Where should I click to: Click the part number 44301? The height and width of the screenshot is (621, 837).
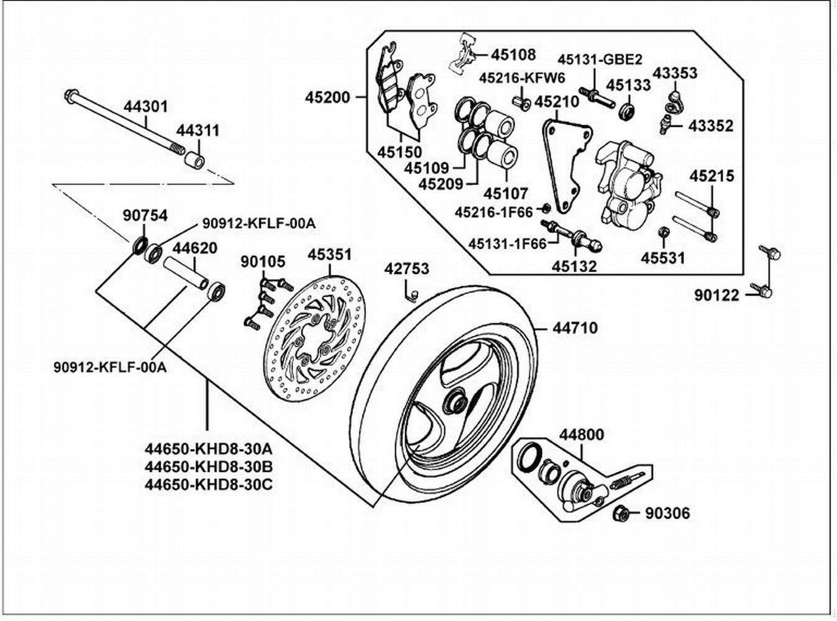[145, 107]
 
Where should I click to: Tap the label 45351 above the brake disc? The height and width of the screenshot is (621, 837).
[329, 254]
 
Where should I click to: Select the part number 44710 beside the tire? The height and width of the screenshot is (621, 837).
[575, 328]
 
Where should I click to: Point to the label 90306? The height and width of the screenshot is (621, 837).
[667, 513]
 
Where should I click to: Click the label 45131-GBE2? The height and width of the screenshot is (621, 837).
[600, 59]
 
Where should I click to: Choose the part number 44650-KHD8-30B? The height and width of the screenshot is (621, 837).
[208, 467]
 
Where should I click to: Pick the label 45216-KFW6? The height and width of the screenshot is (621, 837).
[523, 78]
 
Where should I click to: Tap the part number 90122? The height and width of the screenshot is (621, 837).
[717, 296]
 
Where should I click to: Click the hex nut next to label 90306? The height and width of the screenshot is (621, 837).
[621, 514]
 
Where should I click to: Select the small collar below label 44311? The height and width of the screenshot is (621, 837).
[194, 159]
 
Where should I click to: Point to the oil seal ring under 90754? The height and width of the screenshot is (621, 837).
[140, 245]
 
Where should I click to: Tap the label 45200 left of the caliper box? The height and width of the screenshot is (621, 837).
[327, 97]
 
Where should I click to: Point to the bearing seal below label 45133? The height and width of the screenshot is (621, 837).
[628, 112]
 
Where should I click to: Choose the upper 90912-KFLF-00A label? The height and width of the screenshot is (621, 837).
[259, 224]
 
